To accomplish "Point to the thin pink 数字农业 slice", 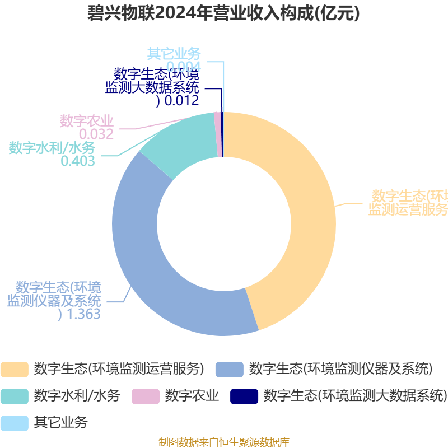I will [x=217, y=134].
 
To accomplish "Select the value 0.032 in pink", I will [x=96, y=134].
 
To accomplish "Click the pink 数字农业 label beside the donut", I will [x=87, y=121].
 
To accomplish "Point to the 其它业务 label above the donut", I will [x=174, y=54].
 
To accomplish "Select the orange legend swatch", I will [x=14, y=369].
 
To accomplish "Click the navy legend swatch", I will [x=244, y=396].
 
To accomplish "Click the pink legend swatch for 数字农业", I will [x=146, y=396].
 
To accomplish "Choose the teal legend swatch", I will [x=14, y=396].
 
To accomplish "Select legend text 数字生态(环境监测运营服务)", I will [x=119, y=369].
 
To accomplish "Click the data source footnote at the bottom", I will [x=224, y=442].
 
